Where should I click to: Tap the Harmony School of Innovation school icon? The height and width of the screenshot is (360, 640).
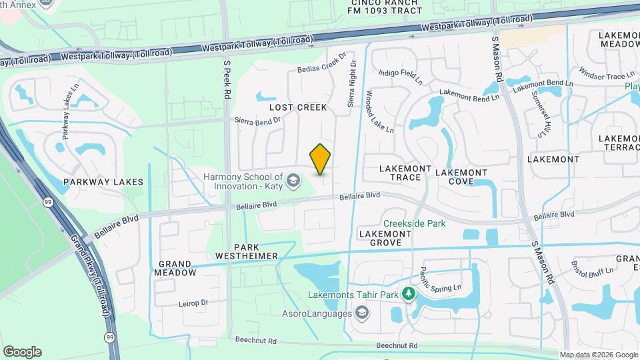(x=292, y=180)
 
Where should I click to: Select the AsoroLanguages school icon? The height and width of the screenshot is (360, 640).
(x=361, y=313)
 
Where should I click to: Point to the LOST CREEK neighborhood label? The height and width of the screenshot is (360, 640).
(x=298, y=107)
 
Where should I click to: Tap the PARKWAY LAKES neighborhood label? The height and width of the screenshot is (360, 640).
(x=94, y=182)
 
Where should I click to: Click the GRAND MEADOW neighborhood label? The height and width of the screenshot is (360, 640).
(x=175, y=268)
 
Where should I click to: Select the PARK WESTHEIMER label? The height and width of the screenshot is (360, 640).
(x=247, y=251)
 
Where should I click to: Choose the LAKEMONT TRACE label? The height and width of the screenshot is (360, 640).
(x=400, y=173)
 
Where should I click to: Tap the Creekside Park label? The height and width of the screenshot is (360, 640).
(x=414, y=224)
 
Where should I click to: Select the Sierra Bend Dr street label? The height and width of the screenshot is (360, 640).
(x=259, y=121)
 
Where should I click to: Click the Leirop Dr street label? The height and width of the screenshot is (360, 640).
(x=193, y=303)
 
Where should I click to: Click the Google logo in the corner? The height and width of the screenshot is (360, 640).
(x=22, y=352)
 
